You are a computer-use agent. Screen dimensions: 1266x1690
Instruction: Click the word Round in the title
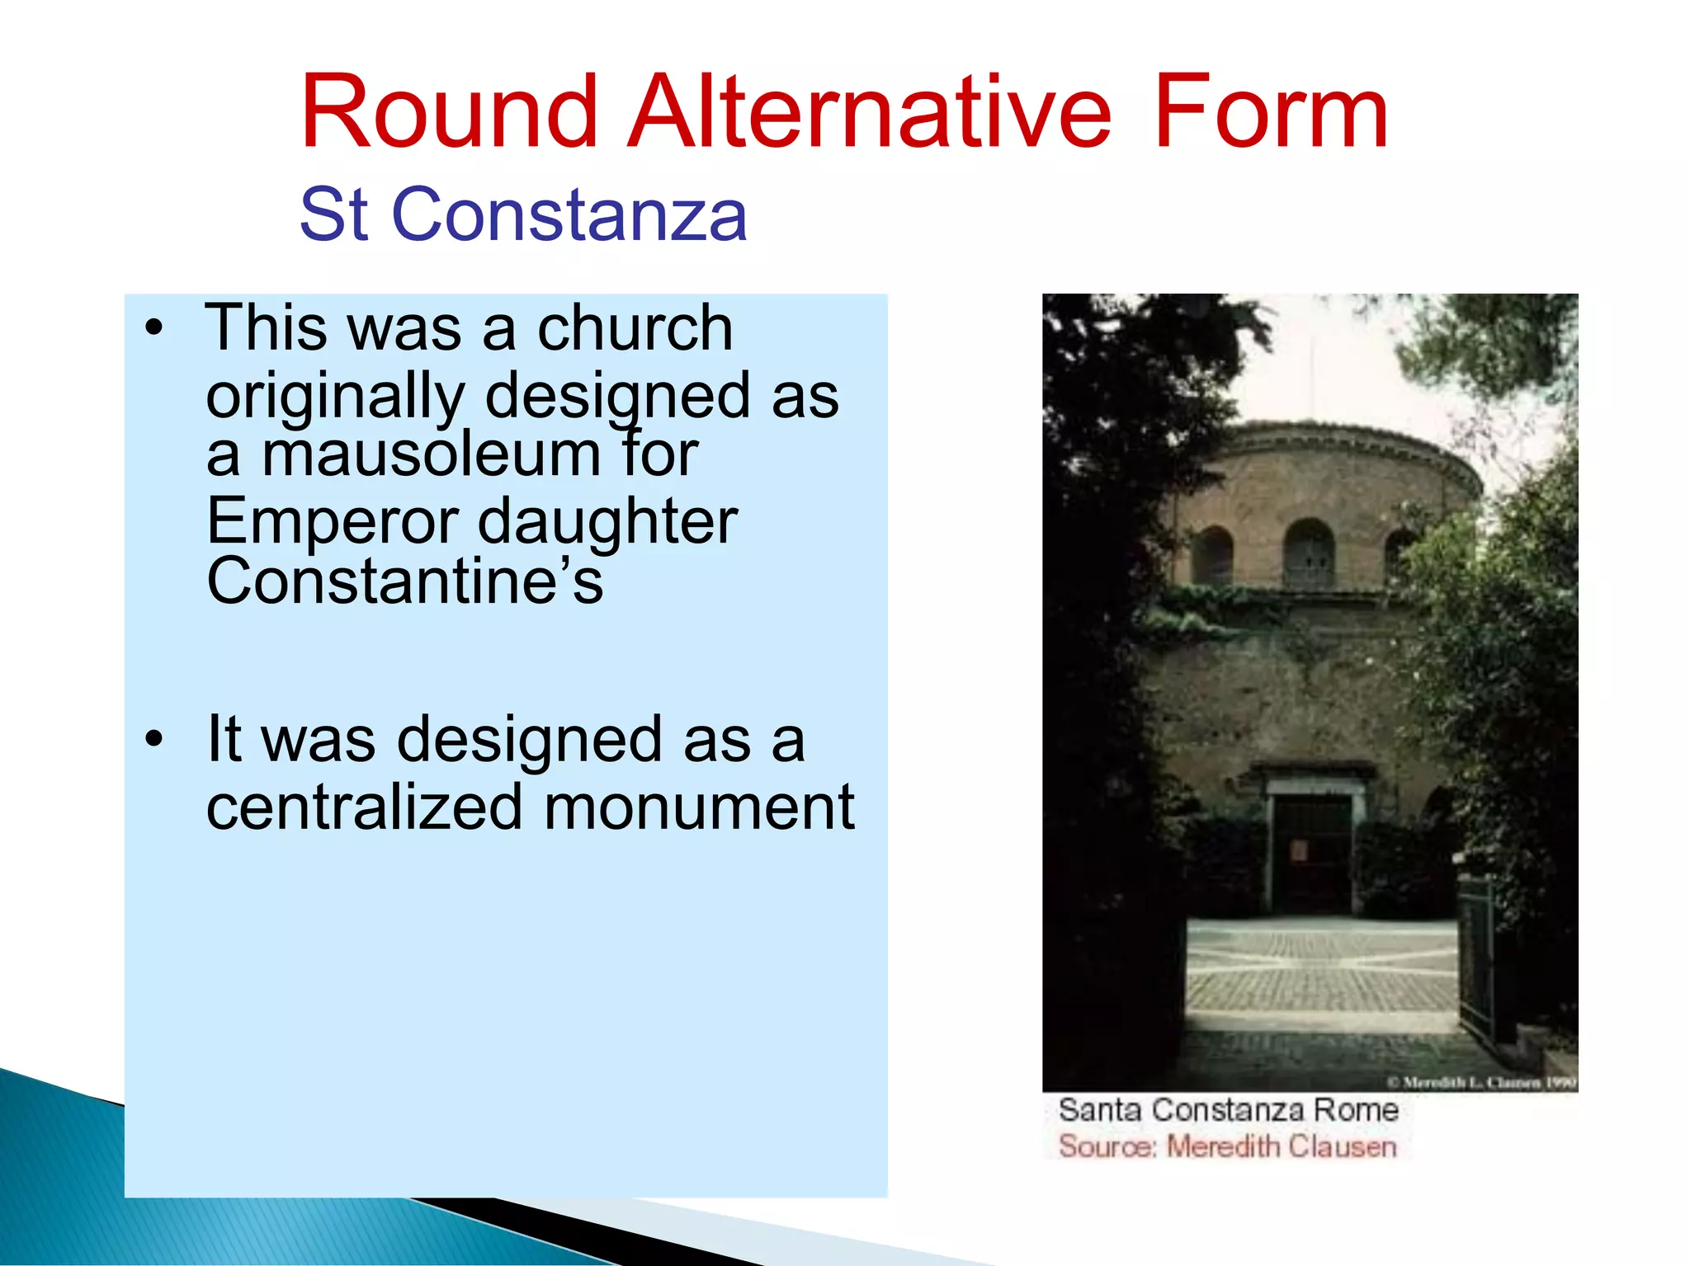448,112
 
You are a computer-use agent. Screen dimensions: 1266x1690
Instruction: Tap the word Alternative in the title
870,112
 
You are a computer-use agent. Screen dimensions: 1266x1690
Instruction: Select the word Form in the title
1270,112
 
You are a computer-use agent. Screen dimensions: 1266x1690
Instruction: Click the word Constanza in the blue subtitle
569,214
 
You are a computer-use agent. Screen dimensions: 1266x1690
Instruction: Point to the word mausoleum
431,454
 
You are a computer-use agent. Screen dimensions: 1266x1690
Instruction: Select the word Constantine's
404,581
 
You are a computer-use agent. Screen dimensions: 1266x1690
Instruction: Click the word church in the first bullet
635,328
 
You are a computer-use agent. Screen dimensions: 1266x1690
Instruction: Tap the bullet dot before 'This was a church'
153,328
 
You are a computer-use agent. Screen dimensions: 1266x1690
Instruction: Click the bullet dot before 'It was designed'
153,739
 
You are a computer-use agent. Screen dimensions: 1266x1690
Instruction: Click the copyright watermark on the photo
1480,1082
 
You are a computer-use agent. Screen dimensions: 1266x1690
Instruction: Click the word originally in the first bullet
335,396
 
